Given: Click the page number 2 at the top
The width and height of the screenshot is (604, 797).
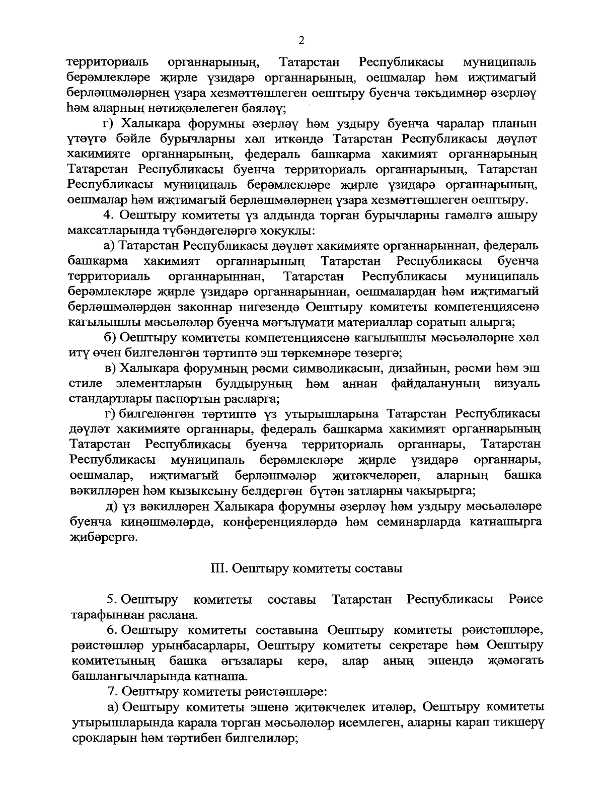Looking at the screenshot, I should coord(302,40).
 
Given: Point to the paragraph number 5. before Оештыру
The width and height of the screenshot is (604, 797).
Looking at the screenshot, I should coord(111,600).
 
